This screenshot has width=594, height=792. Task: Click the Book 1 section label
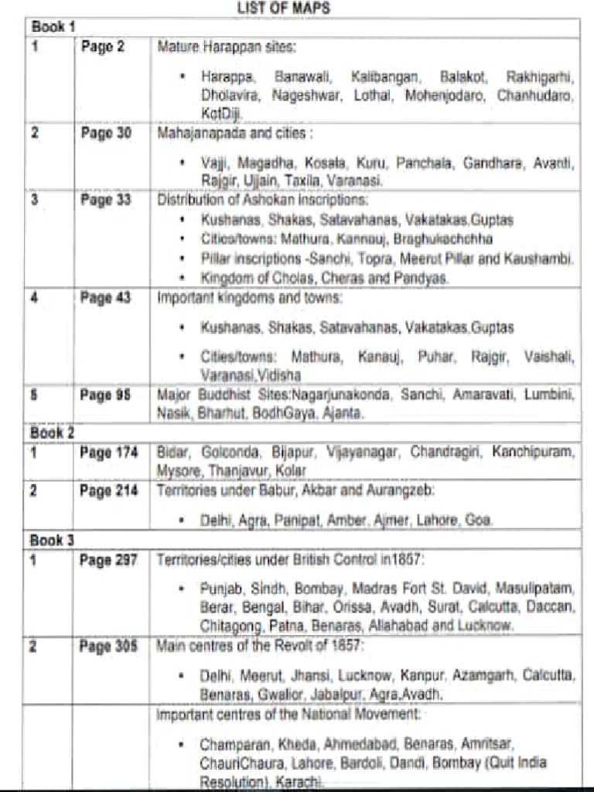click(53, 27)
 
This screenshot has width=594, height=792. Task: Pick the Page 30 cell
click(106, 133)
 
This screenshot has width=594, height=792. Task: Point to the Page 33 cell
click(106, 200)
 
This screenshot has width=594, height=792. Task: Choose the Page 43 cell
click(106, 298)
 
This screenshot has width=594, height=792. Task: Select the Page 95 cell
click(106, 395)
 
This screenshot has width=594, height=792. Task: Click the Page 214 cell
click(109, 490)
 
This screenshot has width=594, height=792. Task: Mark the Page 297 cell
click(109, 559)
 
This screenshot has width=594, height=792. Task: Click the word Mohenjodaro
click(449, 96)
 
